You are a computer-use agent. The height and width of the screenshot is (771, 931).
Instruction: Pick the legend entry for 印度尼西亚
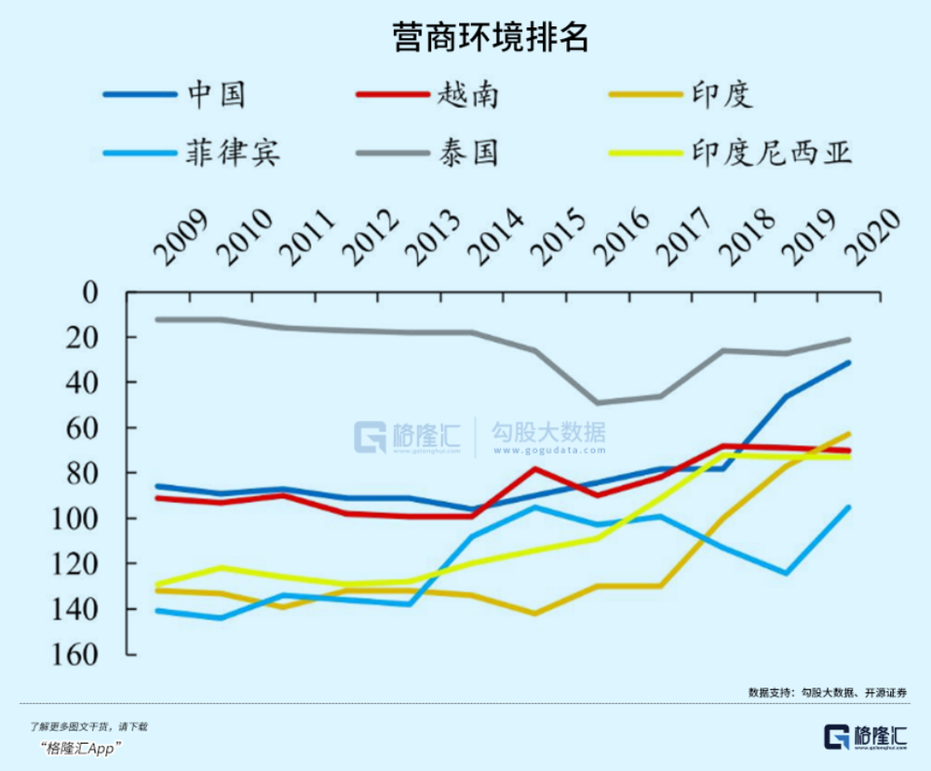(x=773, y=150)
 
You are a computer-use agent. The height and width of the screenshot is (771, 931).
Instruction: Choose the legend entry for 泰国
(x=465, y=150)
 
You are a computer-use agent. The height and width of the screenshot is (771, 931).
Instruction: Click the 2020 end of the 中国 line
(x=849, y=362)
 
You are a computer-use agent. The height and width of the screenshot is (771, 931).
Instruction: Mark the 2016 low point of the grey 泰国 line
(x=598, y=402)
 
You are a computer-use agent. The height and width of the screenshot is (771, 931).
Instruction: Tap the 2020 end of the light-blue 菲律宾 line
(x=849, y=507)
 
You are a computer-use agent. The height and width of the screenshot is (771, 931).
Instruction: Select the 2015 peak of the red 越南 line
(x=535, y=468)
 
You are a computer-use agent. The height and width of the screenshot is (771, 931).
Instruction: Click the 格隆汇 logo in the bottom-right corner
(x=865, y=735)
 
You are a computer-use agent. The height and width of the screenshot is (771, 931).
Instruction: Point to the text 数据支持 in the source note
(x=772, y=692)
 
